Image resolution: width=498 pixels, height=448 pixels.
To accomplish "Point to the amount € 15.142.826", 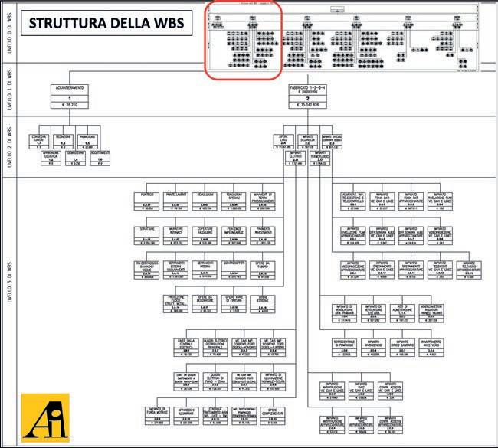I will coord(307,106).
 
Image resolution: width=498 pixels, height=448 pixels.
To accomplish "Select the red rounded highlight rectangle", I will coord(244,39).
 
